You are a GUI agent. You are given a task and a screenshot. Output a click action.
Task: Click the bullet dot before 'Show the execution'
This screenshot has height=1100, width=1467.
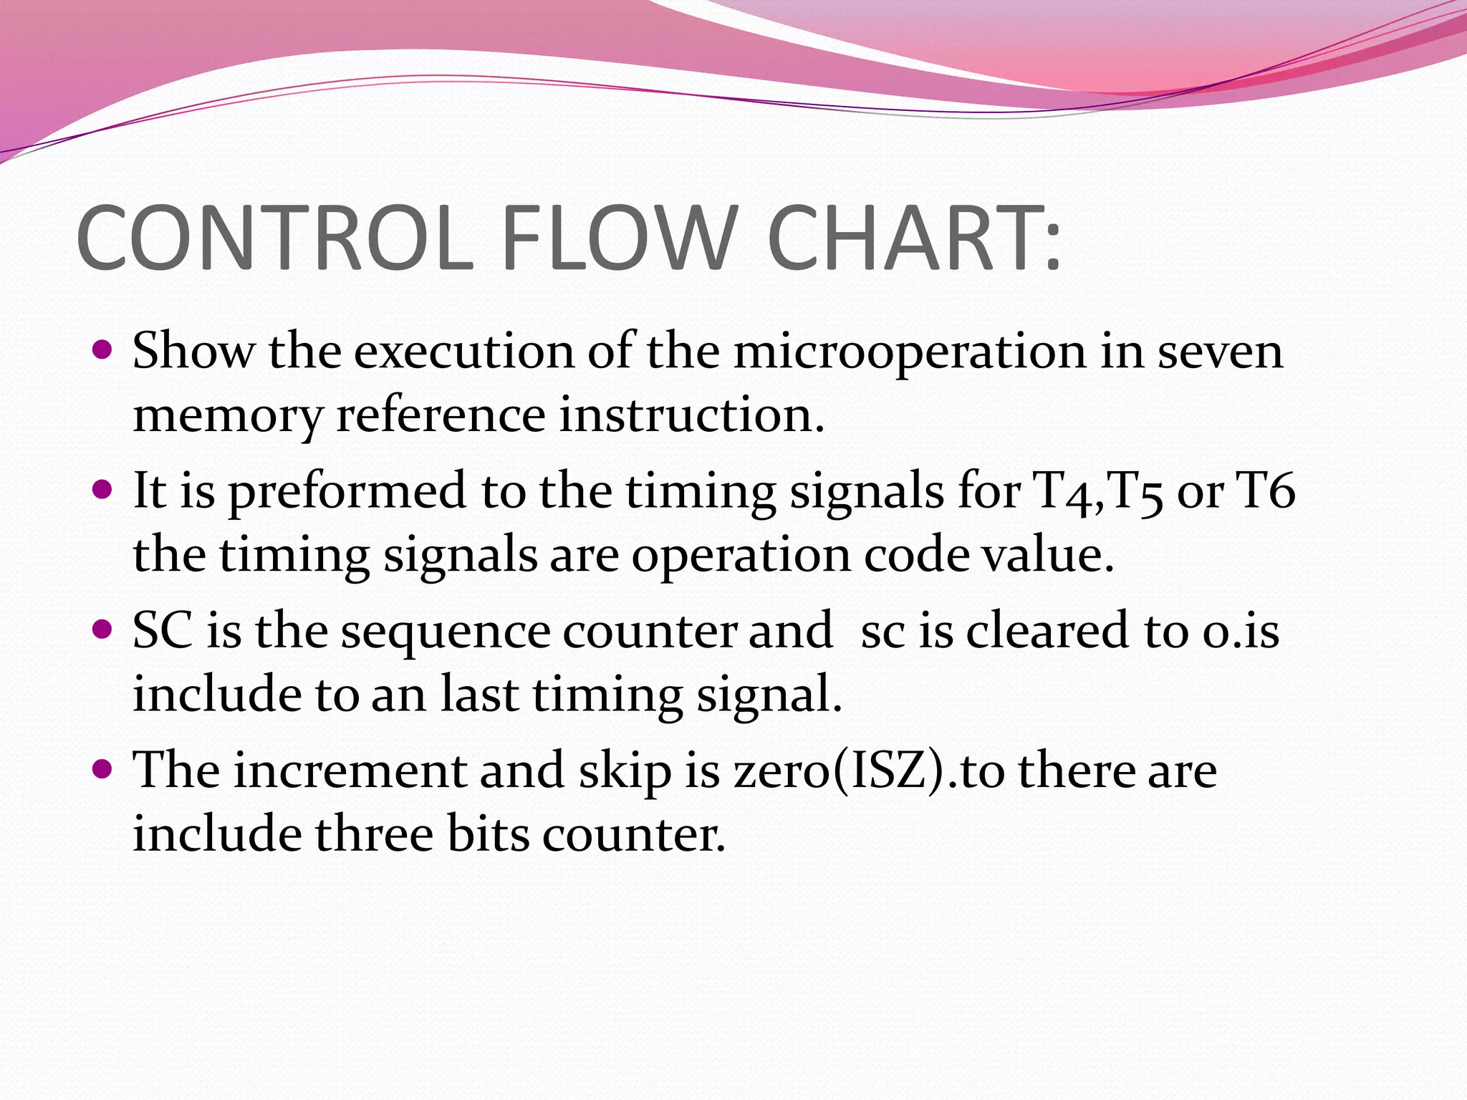[x=103, y=350]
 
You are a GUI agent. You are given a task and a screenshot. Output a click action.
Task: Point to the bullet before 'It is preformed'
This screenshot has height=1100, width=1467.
[x=103, y=490]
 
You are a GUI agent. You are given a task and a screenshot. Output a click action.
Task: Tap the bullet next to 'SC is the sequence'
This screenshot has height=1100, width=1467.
[x=103, y=629]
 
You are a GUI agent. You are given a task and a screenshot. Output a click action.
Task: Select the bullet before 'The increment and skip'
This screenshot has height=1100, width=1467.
[x=103, y=769]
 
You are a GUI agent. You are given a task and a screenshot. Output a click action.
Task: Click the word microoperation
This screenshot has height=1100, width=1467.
[x=910, y=352]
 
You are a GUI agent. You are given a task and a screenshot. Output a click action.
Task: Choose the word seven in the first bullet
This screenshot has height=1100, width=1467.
[x=1220, y=352]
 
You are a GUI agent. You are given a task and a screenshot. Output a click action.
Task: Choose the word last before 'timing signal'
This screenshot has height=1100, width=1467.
[x=479, y=694]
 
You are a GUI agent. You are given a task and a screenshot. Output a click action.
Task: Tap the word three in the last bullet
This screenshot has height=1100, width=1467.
[x=375, y=834]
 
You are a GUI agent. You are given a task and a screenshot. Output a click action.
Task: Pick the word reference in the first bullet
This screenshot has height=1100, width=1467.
[x=441, y=415]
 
